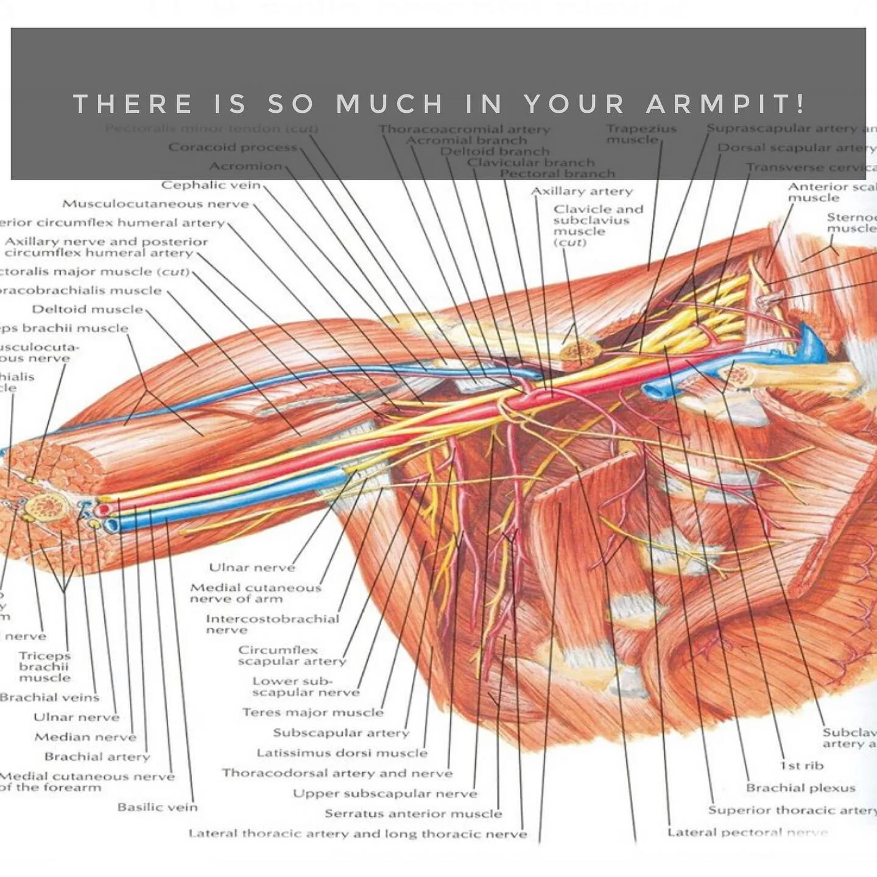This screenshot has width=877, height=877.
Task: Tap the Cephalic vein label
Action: pyautogui.click(x=211, y=185)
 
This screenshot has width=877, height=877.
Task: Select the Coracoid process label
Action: pyautogui.click(x=233, y=147)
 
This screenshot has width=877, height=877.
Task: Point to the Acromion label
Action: pyautogui.click(x=245, y=166)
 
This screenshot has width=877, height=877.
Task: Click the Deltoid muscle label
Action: pyautogui.click(x=87, y=309)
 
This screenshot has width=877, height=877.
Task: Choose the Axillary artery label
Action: pyautogui.click(x=582, y=191)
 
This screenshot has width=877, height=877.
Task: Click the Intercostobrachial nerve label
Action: pyautogui.click(x=272, y=624)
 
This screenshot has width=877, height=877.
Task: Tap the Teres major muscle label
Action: pyautogui.click(x=313, y=712)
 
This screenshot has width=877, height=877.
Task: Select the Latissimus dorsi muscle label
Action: pyautogui.click(x=342, y=753)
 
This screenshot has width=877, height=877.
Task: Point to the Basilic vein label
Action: pyautogui.click(x=158, y=807)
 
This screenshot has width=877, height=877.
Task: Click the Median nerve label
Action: pyautogui.click(x=85, y=737)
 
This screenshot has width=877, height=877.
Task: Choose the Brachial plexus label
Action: pyautogui.click(x=800, y=788)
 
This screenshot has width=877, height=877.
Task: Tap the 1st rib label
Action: pyautogui.click(x=801, y=766)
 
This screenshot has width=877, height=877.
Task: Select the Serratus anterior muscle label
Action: pyautogui.click(x=413, y=814)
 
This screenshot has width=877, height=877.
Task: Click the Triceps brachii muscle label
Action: pyautogui.click(x=44, y=666)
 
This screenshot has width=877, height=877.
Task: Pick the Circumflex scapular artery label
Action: pyautogui.click(x=292, y=655)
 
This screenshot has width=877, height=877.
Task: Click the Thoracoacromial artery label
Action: pyautogui.click(x=464, y=129)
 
